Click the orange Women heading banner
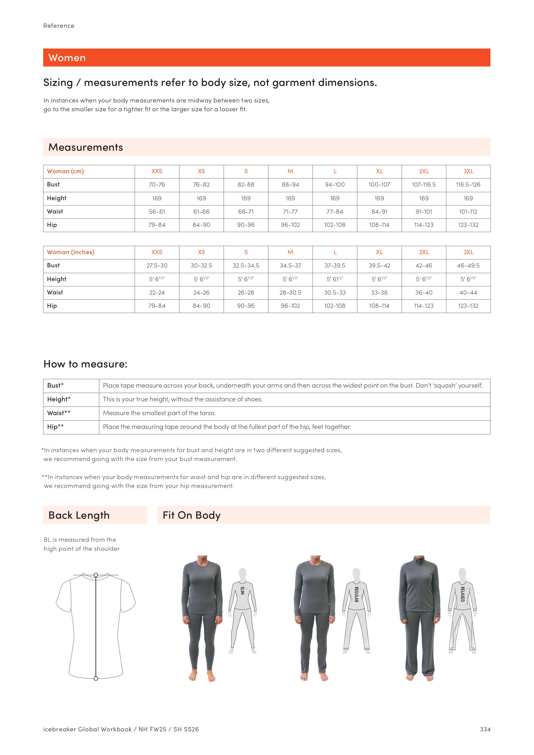[266, 57]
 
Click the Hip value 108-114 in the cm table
[379, 225]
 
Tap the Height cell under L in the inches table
[335, 279]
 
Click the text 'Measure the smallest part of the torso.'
[159, 413]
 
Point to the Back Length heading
[79, 515]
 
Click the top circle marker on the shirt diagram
[96, 575]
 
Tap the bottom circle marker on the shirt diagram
[96, 678]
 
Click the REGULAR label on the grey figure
[356, 594]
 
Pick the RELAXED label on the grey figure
[462, 594]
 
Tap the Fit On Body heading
[192, 515]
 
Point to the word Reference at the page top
[59, 26]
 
